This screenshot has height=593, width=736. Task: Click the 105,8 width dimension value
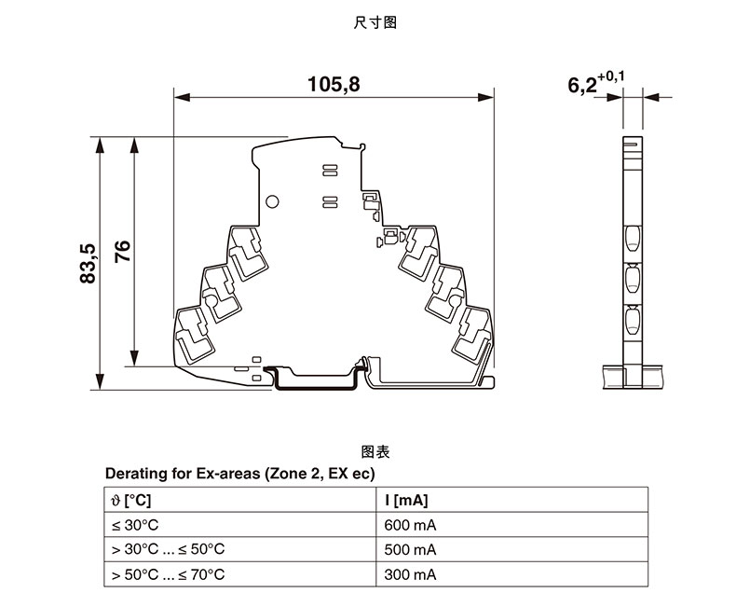click(x=334, y=85)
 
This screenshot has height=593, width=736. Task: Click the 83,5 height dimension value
click(x=89, y=264)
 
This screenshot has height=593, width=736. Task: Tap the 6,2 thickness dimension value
click(x=584, y=85)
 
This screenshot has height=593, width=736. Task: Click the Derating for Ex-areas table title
click(x=239, y=474)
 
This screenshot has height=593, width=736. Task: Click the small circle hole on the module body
click(x=273, y=201)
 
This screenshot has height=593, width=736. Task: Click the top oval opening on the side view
click(x=632, y=238)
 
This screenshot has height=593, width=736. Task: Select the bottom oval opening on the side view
click(x=632, y=323)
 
